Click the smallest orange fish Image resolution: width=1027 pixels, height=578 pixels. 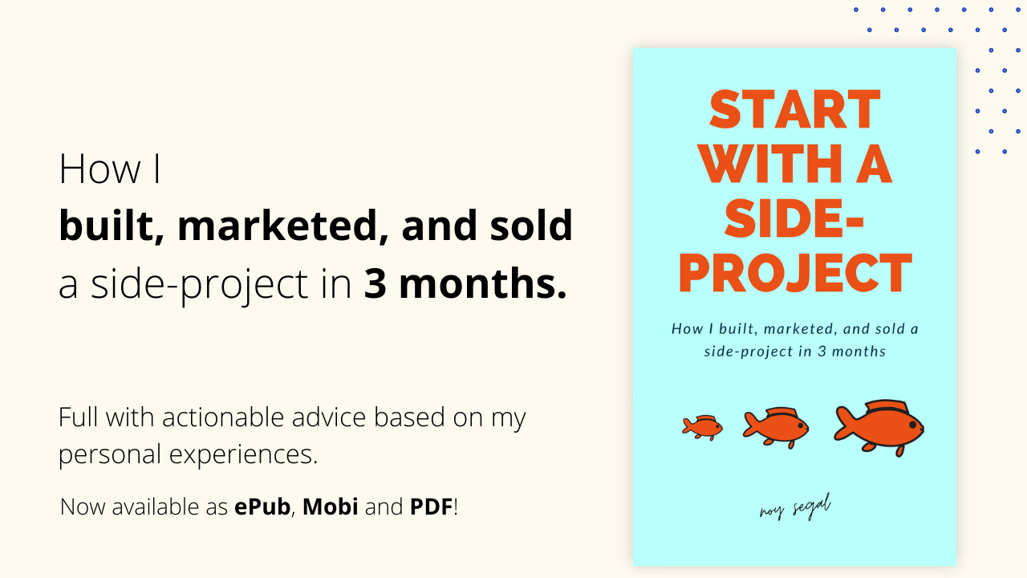click(x=702, y=428)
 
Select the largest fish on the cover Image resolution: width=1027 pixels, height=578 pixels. click(x=879, y=428)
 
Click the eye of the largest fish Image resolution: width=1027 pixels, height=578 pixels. click(x=912, y=425)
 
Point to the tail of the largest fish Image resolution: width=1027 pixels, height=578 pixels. click(x=843, y=425)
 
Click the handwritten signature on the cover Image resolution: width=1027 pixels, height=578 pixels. click(x=795, y=507)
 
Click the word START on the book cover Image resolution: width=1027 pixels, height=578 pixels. click(x=794, y=109)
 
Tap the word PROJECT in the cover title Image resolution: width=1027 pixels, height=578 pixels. click(x=795, y=273)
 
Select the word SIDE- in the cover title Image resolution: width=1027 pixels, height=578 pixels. click(x=794, y=218)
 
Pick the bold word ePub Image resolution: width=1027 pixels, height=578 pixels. click(x=262, y=507)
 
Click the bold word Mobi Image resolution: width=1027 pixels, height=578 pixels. click(x=330, y=507)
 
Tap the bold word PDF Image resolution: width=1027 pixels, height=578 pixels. click(x=431, y=507)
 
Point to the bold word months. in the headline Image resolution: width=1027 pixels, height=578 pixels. click(x=483, y=283)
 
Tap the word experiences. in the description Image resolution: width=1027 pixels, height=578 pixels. click(x=243, y=455)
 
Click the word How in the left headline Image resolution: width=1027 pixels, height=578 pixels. click(x=99, y=169)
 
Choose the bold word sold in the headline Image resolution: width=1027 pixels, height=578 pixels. click(x=531, y=225)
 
